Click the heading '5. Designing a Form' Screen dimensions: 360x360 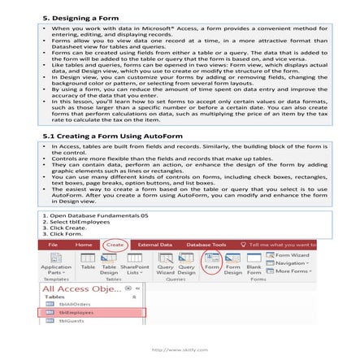[73, 16]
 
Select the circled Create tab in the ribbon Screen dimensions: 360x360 [115, 243]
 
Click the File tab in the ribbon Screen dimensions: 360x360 [53, 243]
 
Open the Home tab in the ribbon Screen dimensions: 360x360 [85, 243]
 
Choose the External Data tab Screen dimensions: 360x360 [154, 243]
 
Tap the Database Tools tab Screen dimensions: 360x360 [204, 243]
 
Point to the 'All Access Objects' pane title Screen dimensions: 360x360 [77, 288]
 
